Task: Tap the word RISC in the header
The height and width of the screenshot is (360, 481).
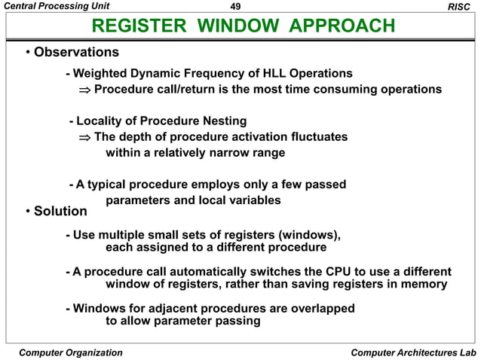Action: point(460,7)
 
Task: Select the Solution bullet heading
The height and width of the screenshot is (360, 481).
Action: point(60,211)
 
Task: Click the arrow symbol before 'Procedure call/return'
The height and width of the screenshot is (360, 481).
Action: point(84,90)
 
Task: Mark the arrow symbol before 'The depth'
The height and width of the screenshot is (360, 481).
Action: point(84,137)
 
